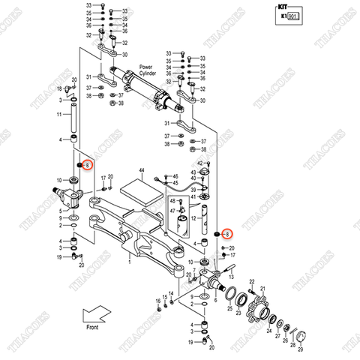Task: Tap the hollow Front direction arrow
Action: (x=95, y=313)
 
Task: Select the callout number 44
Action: (x=140, y=172)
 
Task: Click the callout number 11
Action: (x=58, y=115)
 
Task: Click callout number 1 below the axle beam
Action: (x=128, y=262)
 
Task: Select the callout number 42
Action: (x=200, y=163)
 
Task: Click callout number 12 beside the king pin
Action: (x=193, y=218)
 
